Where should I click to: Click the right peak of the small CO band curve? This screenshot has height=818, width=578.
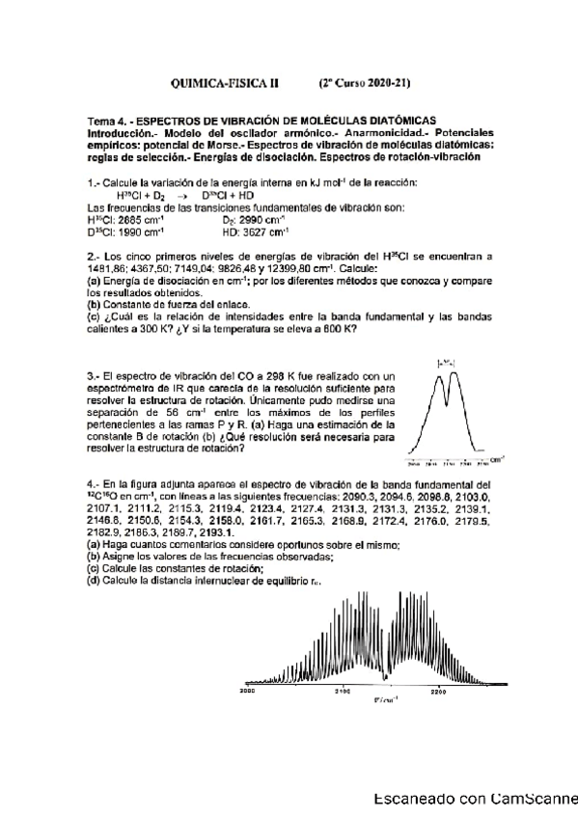click(454, 376)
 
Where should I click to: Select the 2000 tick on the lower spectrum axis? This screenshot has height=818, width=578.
click(247, 692)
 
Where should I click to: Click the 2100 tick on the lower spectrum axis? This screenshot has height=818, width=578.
click(342, 692)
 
